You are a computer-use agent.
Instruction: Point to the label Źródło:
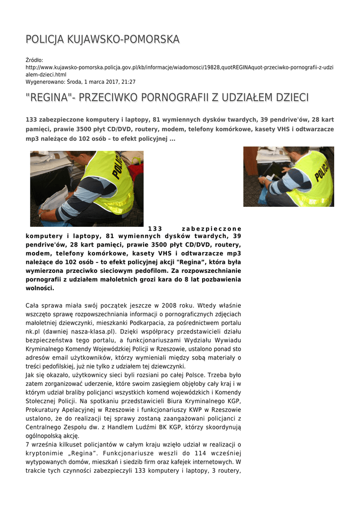(34, 60)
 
